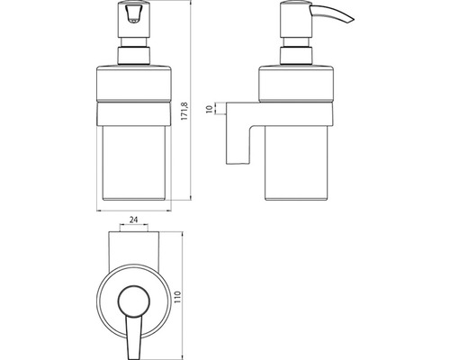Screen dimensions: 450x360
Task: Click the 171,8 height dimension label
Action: [184, 112]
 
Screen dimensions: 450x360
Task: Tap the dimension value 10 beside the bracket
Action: [211, 108]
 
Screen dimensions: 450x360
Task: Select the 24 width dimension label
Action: [133, 220]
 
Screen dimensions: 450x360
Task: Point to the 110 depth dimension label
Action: [178, 296]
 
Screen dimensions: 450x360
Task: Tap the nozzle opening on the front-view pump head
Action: [133, 15]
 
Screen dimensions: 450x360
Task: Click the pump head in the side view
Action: [295, 20]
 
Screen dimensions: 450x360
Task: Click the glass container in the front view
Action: [134, 163]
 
